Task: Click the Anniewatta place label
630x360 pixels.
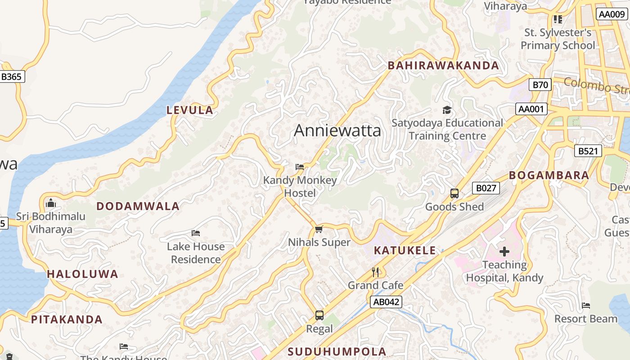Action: click(x=337, y=130)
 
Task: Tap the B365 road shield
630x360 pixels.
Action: click(x=11, y=76)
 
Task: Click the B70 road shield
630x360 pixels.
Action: click(x=540, y=85)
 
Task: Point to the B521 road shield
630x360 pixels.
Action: click(x=588, y=151)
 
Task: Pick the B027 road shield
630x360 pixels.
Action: click(x=486, y=188)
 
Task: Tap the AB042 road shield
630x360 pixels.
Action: click(x=386, y=301)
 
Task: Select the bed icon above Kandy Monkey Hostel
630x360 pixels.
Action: click(x=300, y=167)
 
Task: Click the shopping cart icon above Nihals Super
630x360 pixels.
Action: click(x=319, y=229)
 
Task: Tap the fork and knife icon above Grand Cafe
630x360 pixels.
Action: click(x=376, y=272)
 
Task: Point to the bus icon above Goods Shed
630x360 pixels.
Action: click(x=454, y=193)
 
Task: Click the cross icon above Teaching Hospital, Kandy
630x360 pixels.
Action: click(x=504, y=252)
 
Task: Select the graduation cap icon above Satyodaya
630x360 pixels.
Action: click(x=447, y=110)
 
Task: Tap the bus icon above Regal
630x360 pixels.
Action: click(x=319, y=315)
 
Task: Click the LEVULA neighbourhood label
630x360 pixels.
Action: click(x=189, y=110)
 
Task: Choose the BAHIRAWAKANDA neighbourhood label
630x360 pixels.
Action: click(x=443, y=66)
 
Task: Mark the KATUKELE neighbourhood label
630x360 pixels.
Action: click(x=405, y=251)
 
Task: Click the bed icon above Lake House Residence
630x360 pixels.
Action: click(x=196, y=233)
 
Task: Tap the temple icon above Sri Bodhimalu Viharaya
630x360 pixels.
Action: click(x=51, y=203)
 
